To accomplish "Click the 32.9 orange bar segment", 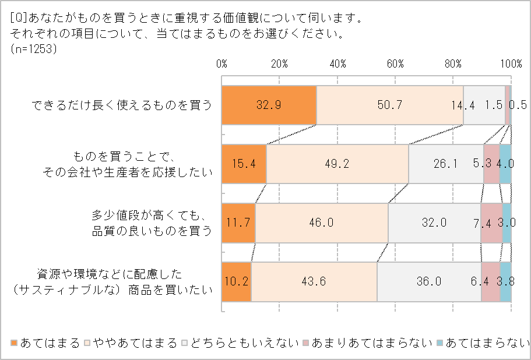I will click(269, 105).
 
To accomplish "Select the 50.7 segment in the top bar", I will click(389, 105).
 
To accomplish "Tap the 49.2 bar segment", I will click(337, 164).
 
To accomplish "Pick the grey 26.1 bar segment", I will click(446, 164).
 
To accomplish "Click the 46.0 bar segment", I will click(321, 223).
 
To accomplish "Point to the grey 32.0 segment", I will click(434, 223).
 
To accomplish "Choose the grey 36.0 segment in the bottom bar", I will click(429, 282).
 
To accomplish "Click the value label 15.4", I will click(244, 164).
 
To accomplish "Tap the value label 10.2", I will click(236, 282).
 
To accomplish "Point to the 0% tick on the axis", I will click(221, 63).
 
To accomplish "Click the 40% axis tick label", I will click(337, 63).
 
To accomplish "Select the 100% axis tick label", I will click(511, 63).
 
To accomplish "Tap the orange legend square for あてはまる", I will click(15, 343).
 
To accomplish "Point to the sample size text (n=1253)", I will click(33, 49).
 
